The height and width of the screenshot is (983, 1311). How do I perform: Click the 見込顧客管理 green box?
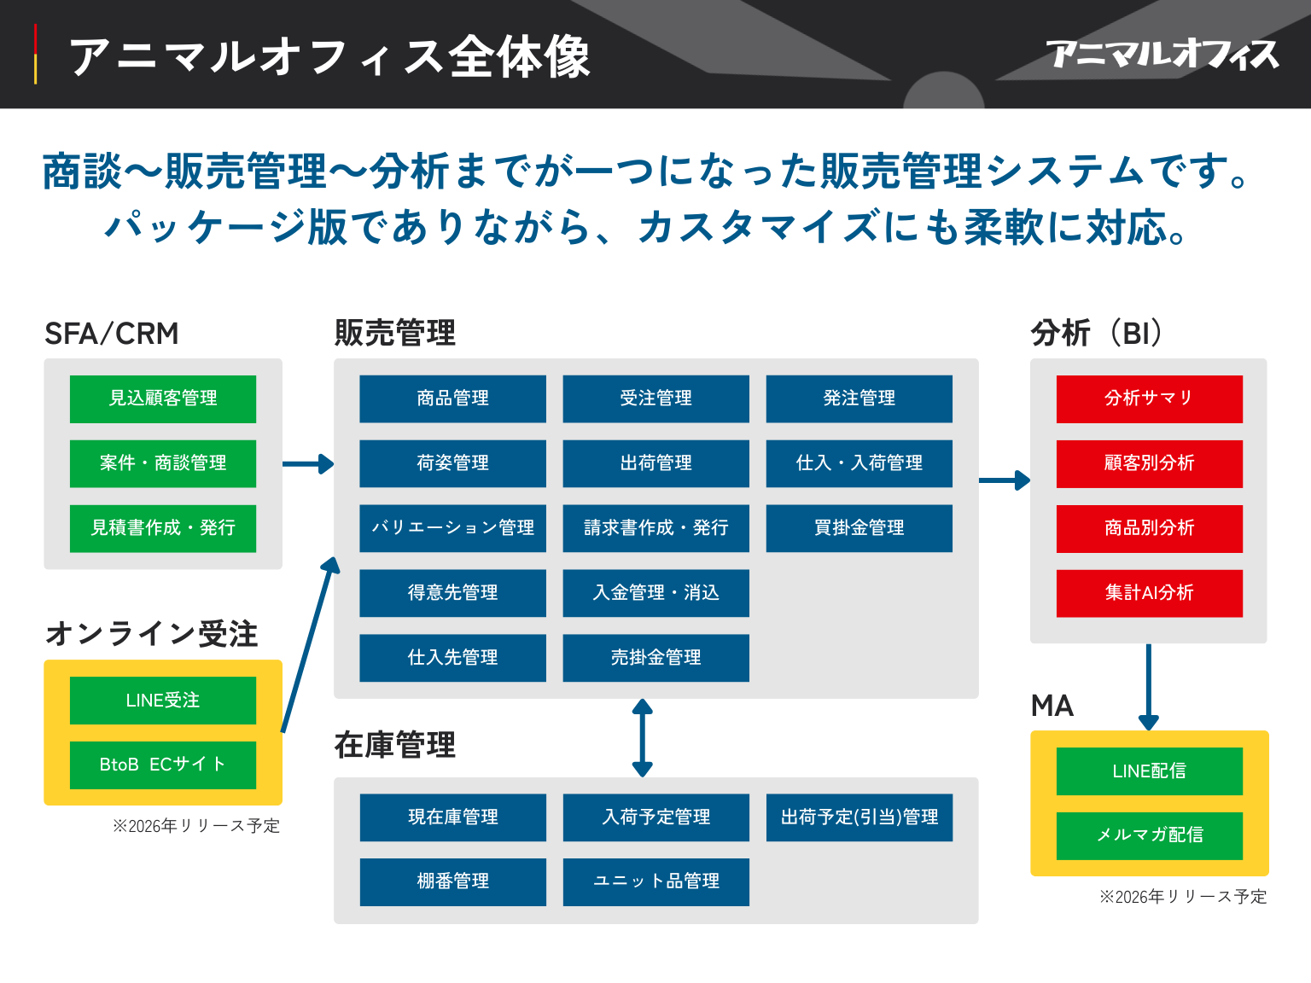[x=162, y=398]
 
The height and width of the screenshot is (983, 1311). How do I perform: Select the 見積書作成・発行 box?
[x=162, y=528]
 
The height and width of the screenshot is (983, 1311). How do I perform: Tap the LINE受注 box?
[x=162, y=701]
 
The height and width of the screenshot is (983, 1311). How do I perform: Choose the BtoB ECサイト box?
[x=162, y=765]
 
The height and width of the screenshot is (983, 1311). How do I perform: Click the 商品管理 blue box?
[x=452, y=398]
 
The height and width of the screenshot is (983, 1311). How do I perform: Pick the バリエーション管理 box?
[x=452, y=528]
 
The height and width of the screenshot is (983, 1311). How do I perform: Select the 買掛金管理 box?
[x=859, y=528]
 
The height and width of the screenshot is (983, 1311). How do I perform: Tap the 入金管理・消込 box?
[x=655, y=593]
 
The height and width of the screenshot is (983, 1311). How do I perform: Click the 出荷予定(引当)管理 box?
[x=859, y=817]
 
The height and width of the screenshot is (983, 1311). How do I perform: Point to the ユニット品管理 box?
[x=655, y=881]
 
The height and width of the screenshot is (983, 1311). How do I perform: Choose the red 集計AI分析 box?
[x=1149, y=593]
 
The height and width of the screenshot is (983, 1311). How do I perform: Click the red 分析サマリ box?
[x=1149, y=398]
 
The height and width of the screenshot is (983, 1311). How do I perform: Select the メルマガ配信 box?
[x=1149, y=835]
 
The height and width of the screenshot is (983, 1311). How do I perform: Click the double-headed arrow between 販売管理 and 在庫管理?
[x=643, y=737]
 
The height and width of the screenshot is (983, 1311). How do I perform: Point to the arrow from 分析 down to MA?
[x=1149, y=686]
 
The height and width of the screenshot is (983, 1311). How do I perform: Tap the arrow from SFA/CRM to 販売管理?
[x=307, y=464]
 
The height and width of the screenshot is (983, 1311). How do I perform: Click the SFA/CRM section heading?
[x=112, y=334]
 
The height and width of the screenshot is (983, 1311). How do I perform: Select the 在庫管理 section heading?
[x=394, y=746]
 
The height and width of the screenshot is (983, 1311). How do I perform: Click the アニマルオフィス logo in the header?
[x=1162, y=55]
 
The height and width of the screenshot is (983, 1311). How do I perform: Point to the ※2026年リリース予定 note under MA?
[x=1182, y=897]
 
